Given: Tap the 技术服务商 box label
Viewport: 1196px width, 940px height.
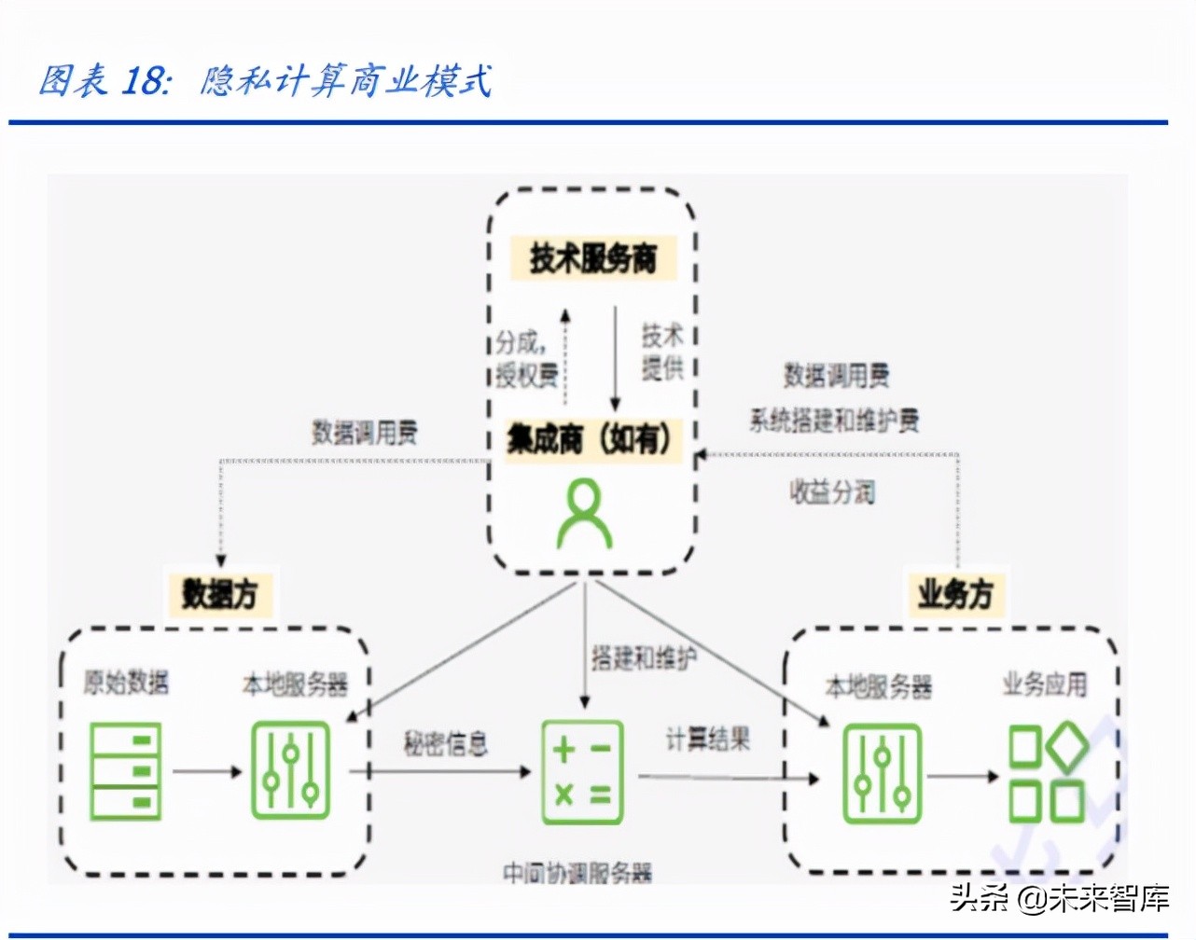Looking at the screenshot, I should [593, 258].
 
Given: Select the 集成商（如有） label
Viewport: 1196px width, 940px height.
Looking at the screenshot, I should [590, 438].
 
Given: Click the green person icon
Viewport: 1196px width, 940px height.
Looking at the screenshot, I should [584, 514].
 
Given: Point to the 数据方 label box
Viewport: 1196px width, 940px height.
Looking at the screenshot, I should [219, 593].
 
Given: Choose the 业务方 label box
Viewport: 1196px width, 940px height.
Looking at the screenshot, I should [955, 593].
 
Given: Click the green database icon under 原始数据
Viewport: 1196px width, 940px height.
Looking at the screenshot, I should [125, 771].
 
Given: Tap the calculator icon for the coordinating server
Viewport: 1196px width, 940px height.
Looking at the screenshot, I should [583, 772].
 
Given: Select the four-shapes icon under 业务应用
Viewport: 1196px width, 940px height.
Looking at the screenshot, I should [1048, 774].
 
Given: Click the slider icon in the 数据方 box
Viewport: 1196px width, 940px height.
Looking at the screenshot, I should [291, 771].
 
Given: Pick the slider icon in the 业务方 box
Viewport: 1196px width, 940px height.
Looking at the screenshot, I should [882, 774].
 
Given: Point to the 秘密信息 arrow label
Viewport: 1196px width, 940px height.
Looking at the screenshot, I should [445, 743].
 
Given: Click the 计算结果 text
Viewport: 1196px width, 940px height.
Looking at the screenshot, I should [708, 740].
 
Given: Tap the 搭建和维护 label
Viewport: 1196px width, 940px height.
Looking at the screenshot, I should [644, 658].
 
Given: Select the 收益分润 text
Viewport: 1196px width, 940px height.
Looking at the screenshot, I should [832, 491].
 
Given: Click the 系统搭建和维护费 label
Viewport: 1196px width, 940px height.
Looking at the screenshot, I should [834, 421].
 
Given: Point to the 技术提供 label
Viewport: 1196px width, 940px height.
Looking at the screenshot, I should [662, 352].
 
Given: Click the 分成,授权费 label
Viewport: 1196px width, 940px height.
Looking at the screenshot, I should [526, 358].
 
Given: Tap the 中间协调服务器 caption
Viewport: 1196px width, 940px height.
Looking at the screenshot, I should [577, 873].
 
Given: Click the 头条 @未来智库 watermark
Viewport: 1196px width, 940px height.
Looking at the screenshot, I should [1059, 898].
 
